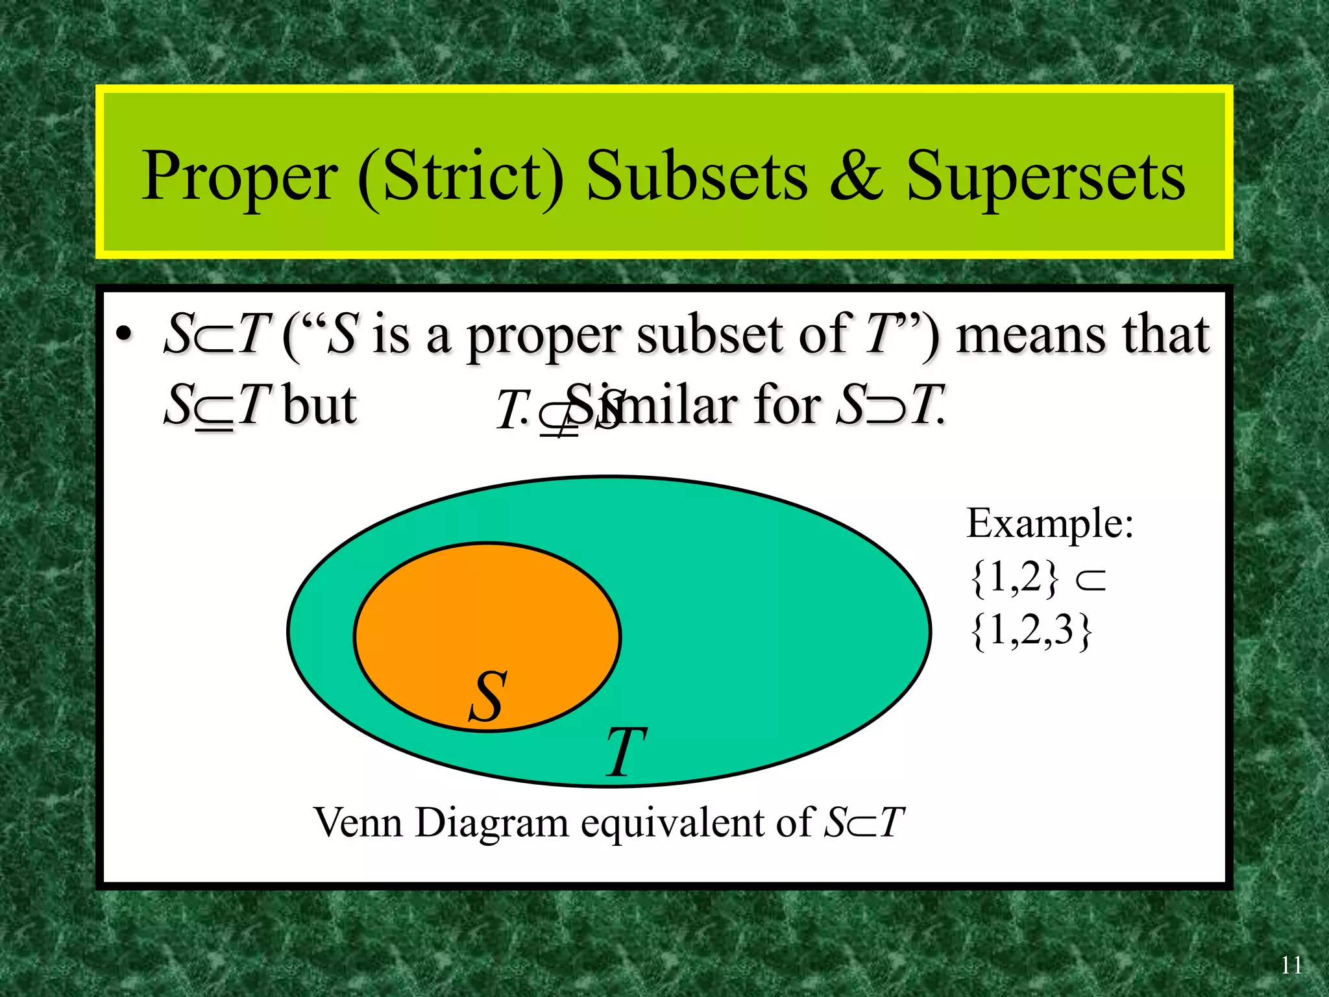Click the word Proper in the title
(x=239, y=177)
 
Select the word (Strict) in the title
(x=461, y=177)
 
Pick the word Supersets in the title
(x=1045, y=177)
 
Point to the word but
(x=320, y=405)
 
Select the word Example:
(x=1050, y=523)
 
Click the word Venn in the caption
(x=358, y=822)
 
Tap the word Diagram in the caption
(x=491, y=824)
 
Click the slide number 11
(x=1291, y=965)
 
